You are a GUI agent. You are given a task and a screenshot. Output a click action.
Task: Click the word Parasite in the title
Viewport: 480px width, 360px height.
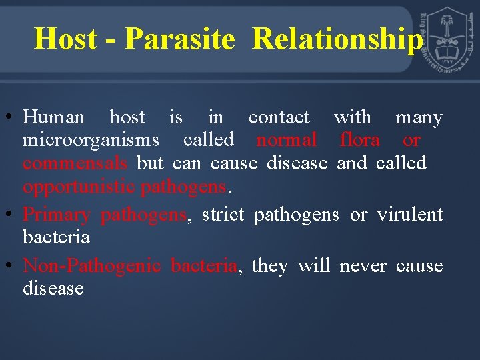179,39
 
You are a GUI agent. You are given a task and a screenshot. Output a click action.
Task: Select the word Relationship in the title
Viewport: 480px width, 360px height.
337,39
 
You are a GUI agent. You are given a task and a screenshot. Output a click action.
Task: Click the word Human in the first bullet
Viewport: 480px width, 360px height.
53,118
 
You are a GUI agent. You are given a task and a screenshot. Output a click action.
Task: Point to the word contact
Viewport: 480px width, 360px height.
279,118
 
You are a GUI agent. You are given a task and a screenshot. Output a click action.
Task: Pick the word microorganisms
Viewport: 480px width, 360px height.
91,140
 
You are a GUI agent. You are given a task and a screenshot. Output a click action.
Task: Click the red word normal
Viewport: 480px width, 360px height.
287,140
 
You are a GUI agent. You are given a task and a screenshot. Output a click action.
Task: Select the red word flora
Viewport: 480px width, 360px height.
359,140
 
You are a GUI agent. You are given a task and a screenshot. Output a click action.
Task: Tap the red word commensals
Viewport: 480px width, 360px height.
75,163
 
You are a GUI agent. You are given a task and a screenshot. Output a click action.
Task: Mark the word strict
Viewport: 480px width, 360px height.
223,215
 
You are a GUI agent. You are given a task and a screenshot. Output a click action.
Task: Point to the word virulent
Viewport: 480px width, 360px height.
409,215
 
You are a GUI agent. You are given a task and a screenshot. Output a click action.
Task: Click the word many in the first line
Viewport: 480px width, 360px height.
419,118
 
